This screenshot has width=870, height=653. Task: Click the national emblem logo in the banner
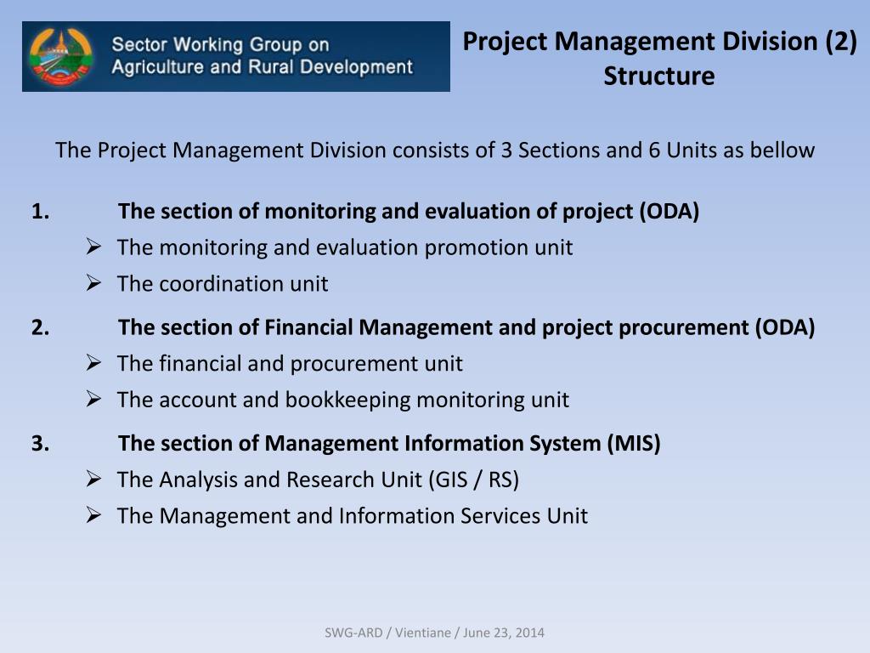coord(59,57)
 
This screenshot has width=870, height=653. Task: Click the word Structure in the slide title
coord(659,77)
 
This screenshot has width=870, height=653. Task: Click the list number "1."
coord(40,212)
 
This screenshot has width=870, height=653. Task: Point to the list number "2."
coord(40,327)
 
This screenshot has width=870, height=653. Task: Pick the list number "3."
coord(40,443)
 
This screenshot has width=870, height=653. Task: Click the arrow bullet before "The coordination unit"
coord(94,283)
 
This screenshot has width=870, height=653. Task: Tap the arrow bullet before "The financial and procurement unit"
coord(94,363)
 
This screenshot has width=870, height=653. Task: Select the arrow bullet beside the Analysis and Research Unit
coord(94,479)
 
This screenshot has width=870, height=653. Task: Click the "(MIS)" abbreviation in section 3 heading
coord(633,443)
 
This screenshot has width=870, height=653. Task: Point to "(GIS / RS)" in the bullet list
coord(473,480)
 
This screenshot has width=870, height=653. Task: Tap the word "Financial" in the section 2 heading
coord(308,327)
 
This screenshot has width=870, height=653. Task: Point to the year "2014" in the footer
coord(531,633)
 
